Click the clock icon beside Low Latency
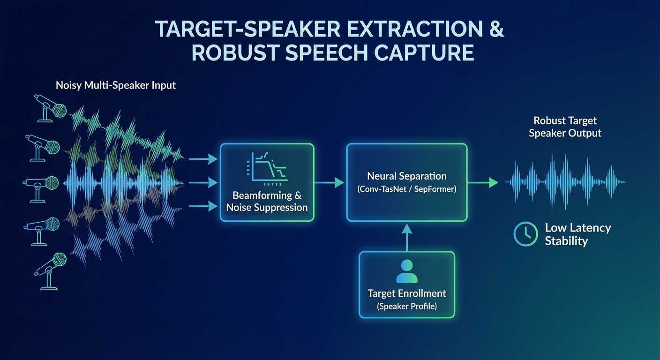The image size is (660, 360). (526, 234)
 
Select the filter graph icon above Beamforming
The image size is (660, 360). (267, 167)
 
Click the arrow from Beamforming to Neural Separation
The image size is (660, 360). (329, 183)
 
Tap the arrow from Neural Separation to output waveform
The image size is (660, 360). (483, 183)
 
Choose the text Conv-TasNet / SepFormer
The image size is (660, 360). (406, 190)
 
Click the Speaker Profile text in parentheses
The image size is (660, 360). (406, 307)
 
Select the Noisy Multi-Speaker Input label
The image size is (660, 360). (116, 85)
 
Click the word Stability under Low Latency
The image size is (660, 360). (566, 241)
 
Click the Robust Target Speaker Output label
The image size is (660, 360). (565, 127)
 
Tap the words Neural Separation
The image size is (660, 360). (406, 177)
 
